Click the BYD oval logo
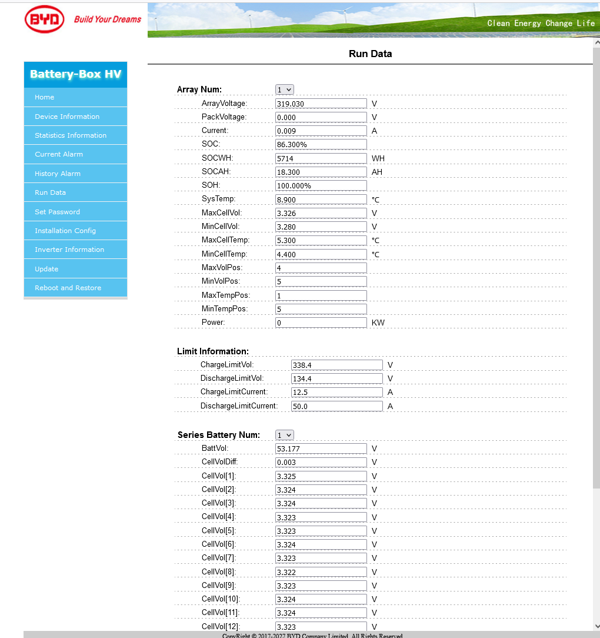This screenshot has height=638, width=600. tap(45, 19)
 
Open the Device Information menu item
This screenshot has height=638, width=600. tap(67, 117)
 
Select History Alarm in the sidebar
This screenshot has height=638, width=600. tap(58, 174)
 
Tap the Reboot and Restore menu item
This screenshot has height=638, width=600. tap(68, 288)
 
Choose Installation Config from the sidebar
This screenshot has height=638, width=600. tap(65, 231)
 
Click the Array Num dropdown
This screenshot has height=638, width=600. tap(285, 89)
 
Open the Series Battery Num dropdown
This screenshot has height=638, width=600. tap(285, 435)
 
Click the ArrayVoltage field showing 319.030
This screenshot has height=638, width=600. tap(321, 104)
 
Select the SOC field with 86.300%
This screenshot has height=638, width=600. tap(321, 144)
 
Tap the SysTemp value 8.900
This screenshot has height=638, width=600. tap(321, 200)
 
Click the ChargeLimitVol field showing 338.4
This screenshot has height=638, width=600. tap(336, 365)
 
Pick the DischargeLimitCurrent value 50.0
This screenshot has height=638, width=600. tap(336, 406)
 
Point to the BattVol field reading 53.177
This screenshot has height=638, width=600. tap(321, 448)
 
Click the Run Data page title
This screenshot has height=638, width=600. tap(370, 54)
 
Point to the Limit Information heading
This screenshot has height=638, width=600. tap(213, 351)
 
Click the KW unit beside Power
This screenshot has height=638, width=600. tap(378, 323)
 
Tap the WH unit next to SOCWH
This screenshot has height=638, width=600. tap(378, 158)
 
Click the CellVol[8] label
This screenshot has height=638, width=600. tap(219, 571)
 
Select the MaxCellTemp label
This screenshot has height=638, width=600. tap(225, 240)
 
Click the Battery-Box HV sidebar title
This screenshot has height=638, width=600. tap(75, 74)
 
